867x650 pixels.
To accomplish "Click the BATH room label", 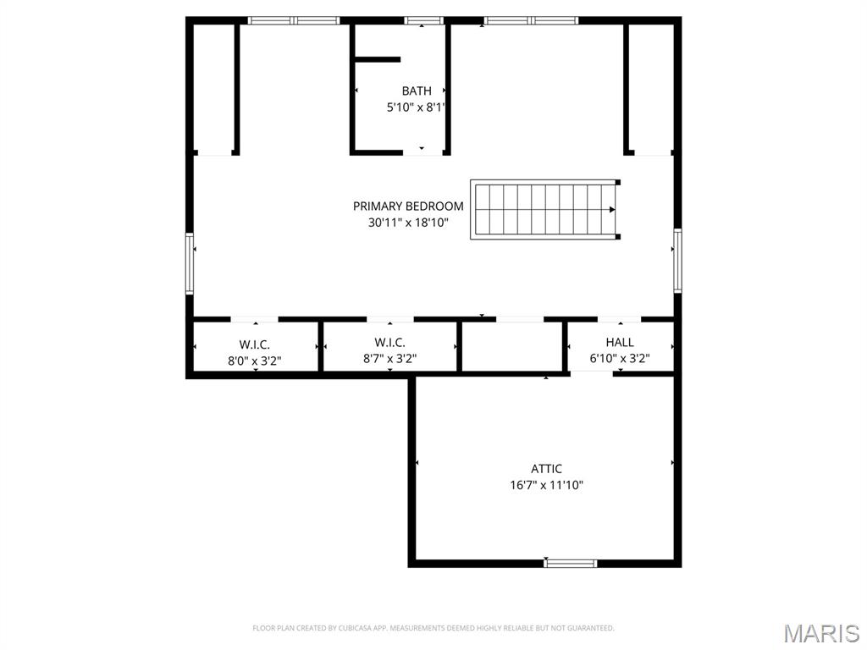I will (416, 91).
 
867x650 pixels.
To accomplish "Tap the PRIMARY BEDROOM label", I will (408, 206).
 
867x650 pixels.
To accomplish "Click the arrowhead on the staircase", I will (611, 210).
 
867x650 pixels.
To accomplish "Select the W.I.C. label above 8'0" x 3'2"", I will (254, 344).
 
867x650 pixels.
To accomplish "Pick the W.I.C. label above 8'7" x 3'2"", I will (389, 342).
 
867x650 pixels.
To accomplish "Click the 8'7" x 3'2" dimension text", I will (389, 359).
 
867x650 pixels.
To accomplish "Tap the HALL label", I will (619, 342).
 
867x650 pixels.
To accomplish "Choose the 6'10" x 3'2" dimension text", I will (619, 359).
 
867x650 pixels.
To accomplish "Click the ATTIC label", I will (546, 469).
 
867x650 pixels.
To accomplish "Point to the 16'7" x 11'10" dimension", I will (545, 486).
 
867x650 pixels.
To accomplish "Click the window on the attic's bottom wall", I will (570, 563).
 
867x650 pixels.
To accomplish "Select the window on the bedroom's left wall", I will (190, 263).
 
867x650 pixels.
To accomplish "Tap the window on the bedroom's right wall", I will (677, 260).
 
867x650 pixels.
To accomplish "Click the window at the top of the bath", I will (423, 20).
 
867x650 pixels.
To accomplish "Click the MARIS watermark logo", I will (820, 633).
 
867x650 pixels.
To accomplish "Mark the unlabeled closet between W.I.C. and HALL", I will (512, 346).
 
